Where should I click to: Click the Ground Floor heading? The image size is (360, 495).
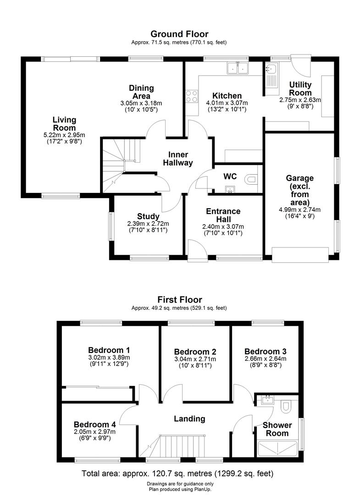tap(180, 34)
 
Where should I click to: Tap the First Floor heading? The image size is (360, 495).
tap(180, 300)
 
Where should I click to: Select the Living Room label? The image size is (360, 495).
tap(64, 124)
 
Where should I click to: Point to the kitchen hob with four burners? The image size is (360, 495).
tap(192, 97)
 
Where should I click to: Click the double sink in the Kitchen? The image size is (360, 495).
tap(238, 69)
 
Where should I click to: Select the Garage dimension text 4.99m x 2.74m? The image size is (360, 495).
tap(300, 209)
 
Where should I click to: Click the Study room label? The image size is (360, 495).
tap(148, 216)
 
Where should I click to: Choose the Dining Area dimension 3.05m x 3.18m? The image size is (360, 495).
tap(141, 103)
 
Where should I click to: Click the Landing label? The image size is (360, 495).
tap(189, 418)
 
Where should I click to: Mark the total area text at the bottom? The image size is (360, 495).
tap(180, 473)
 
